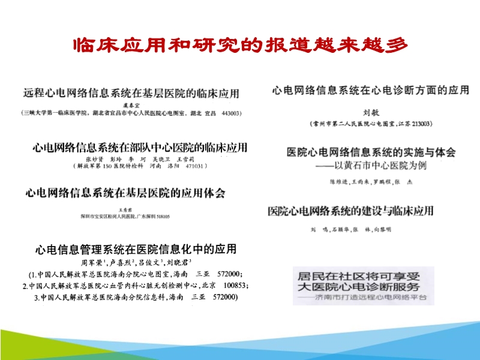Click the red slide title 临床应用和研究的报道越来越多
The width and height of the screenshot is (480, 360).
(240, 46)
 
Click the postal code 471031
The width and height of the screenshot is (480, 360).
(195, 166)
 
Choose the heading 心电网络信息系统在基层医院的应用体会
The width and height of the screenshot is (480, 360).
(125, 193)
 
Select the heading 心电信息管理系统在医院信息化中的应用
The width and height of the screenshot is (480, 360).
(136, 249)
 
